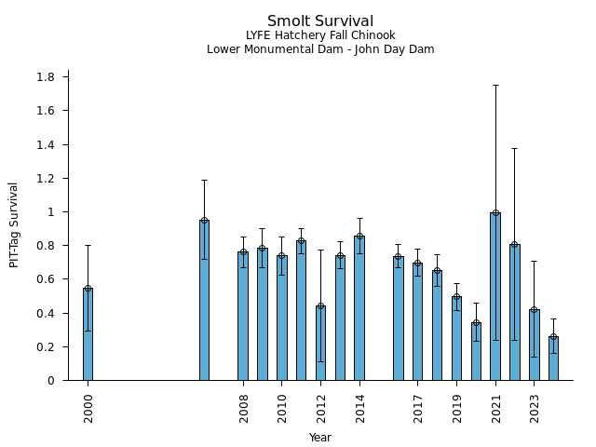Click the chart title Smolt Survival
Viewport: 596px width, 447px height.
click(320, 21)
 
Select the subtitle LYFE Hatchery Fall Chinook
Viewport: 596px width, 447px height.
click(320, 35)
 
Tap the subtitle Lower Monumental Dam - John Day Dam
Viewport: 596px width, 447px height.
click(320, 49)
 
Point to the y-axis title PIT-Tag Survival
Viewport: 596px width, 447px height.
click(14, 224)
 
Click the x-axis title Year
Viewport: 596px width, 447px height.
click(320, 438)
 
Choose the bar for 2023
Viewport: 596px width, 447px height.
click(534, 345)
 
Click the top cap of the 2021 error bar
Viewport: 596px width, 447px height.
click(495, 85)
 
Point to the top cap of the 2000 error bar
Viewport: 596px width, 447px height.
click(88, 245)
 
